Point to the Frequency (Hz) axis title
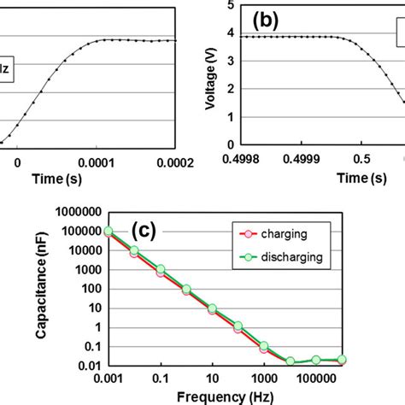pos(226,396)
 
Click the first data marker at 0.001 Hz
pos(109,231)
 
